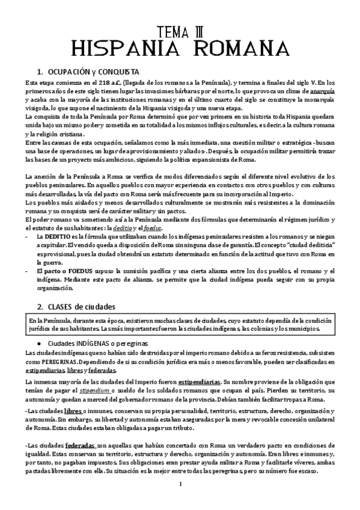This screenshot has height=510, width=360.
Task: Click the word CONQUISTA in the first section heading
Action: [x=117, y=70]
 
